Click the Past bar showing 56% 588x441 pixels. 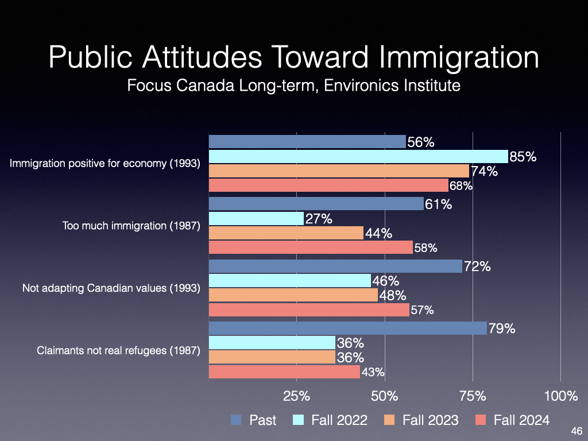[307, 142]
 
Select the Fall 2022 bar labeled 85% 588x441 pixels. [358, 157]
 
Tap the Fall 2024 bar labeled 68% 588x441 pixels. [328, 185]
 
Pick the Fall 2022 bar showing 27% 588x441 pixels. [256, 219]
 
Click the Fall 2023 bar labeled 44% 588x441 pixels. [286, 233]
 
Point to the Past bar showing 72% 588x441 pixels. [335, 266]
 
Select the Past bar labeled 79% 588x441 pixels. [347, 328]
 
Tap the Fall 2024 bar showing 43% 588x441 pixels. [284, 372]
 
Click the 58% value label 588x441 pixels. [425, 248]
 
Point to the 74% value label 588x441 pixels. [483, 171]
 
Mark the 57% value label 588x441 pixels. [422, 310]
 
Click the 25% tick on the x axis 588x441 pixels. [297, 396]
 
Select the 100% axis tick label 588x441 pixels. [560, 396]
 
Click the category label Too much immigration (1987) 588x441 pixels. [131, 226]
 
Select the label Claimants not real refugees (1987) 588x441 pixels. [118, 350]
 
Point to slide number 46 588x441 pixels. [577, 431]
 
